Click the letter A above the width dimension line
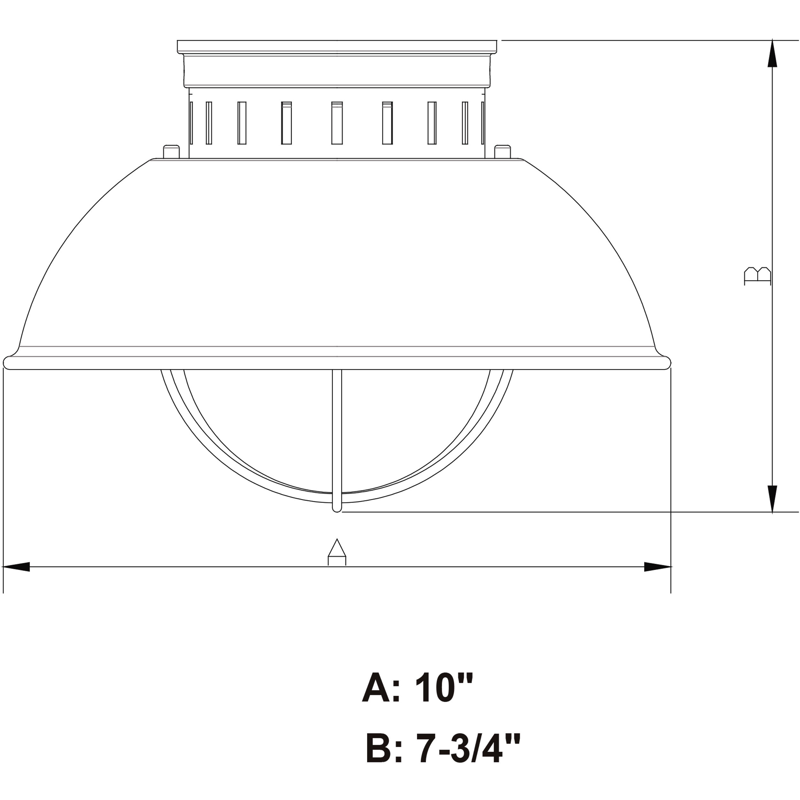337,552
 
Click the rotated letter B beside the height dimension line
758,276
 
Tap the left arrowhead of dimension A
17,567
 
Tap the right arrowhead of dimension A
657,567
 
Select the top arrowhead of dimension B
772,54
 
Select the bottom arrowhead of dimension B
772,499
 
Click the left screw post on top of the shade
171,151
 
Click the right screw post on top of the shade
502,151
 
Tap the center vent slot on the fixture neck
337,123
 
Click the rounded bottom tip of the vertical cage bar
337,508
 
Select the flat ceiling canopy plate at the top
337,46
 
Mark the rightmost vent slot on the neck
483,123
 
